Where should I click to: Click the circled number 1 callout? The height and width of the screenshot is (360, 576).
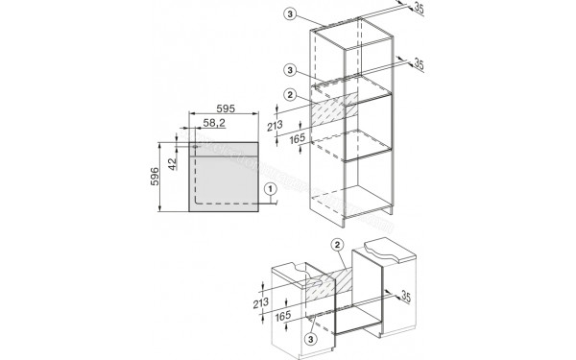click(272, 190)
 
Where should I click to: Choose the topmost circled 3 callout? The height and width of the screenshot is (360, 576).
click(292, 15)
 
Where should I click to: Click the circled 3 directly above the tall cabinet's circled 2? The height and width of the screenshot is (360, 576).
click(292, 70)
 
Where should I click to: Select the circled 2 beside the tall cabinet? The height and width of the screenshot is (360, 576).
click(291, 93)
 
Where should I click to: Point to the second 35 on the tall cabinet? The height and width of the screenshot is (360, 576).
click(419, 65)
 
